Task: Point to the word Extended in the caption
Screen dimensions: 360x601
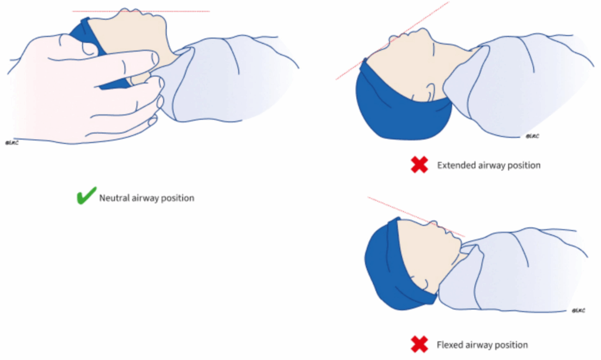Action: pyautogui.click(x=454, y=166)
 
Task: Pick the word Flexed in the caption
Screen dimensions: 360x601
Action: pyautogui.click(x=450, y=345)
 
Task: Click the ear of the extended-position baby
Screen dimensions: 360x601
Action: pyautogui.click(x=428, y=90)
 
